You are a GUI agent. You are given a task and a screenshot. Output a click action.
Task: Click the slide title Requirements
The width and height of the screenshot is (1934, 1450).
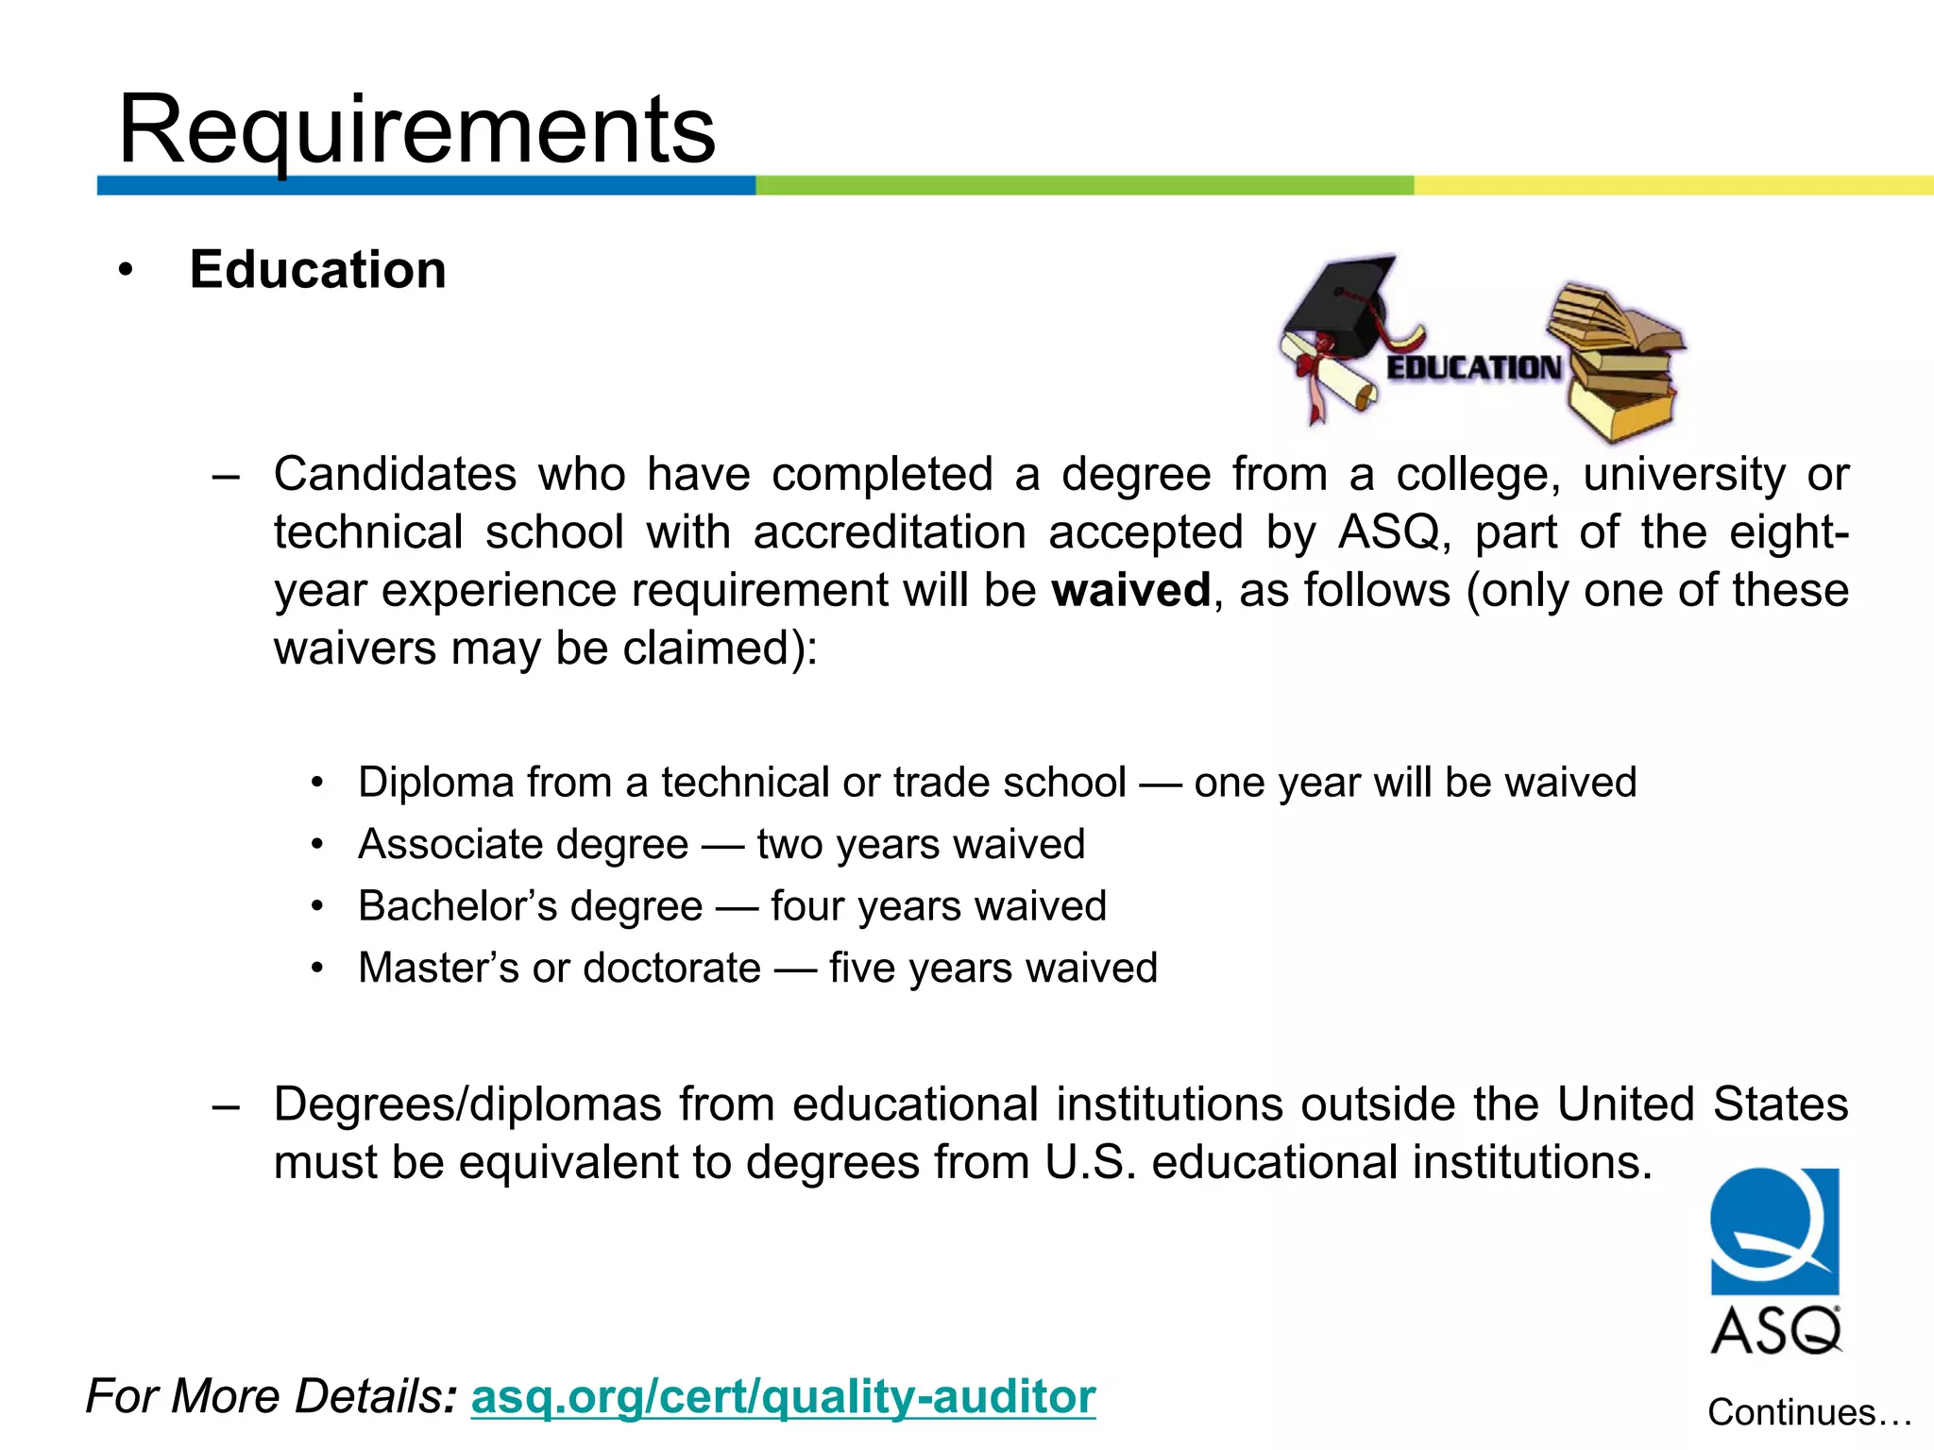pos(416,129)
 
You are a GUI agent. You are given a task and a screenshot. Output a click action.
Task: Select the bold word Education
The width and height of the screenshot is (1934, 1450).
pos(317,270)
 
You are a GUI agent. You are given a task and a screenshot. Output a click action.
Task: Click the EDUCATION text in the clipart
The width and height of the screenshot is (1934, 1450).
pos(1473,367)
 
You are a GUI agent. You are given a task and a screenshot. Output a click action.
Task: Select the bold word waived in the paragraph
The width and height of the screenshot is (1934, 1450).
pos(1130,591)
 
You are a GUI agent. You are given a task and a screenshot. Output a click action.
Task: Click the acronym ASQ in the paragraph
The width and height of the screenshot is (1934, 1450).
pos(1389,532)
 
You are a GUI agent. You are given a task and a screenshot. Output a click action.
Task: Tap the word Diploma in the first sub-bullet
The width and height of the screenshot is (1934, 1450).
pos(435,783)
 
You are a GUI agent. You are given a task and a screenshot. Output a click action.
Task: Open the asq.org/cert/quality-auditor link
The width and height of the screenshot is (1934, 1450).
pos(783,1396)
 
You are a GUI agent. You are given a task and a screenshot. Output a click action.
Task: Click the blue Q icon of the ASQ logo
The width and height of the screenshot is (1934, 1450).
pos(1774,1231)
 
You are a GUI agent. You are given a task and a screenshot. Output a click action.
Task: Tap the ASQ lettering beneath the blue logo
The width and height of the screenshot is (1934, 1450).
pos(1775,1331)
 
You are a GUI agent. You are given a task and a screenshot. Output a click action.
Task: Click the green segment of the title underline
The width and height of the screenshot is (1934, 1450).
pos(1084,185)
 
